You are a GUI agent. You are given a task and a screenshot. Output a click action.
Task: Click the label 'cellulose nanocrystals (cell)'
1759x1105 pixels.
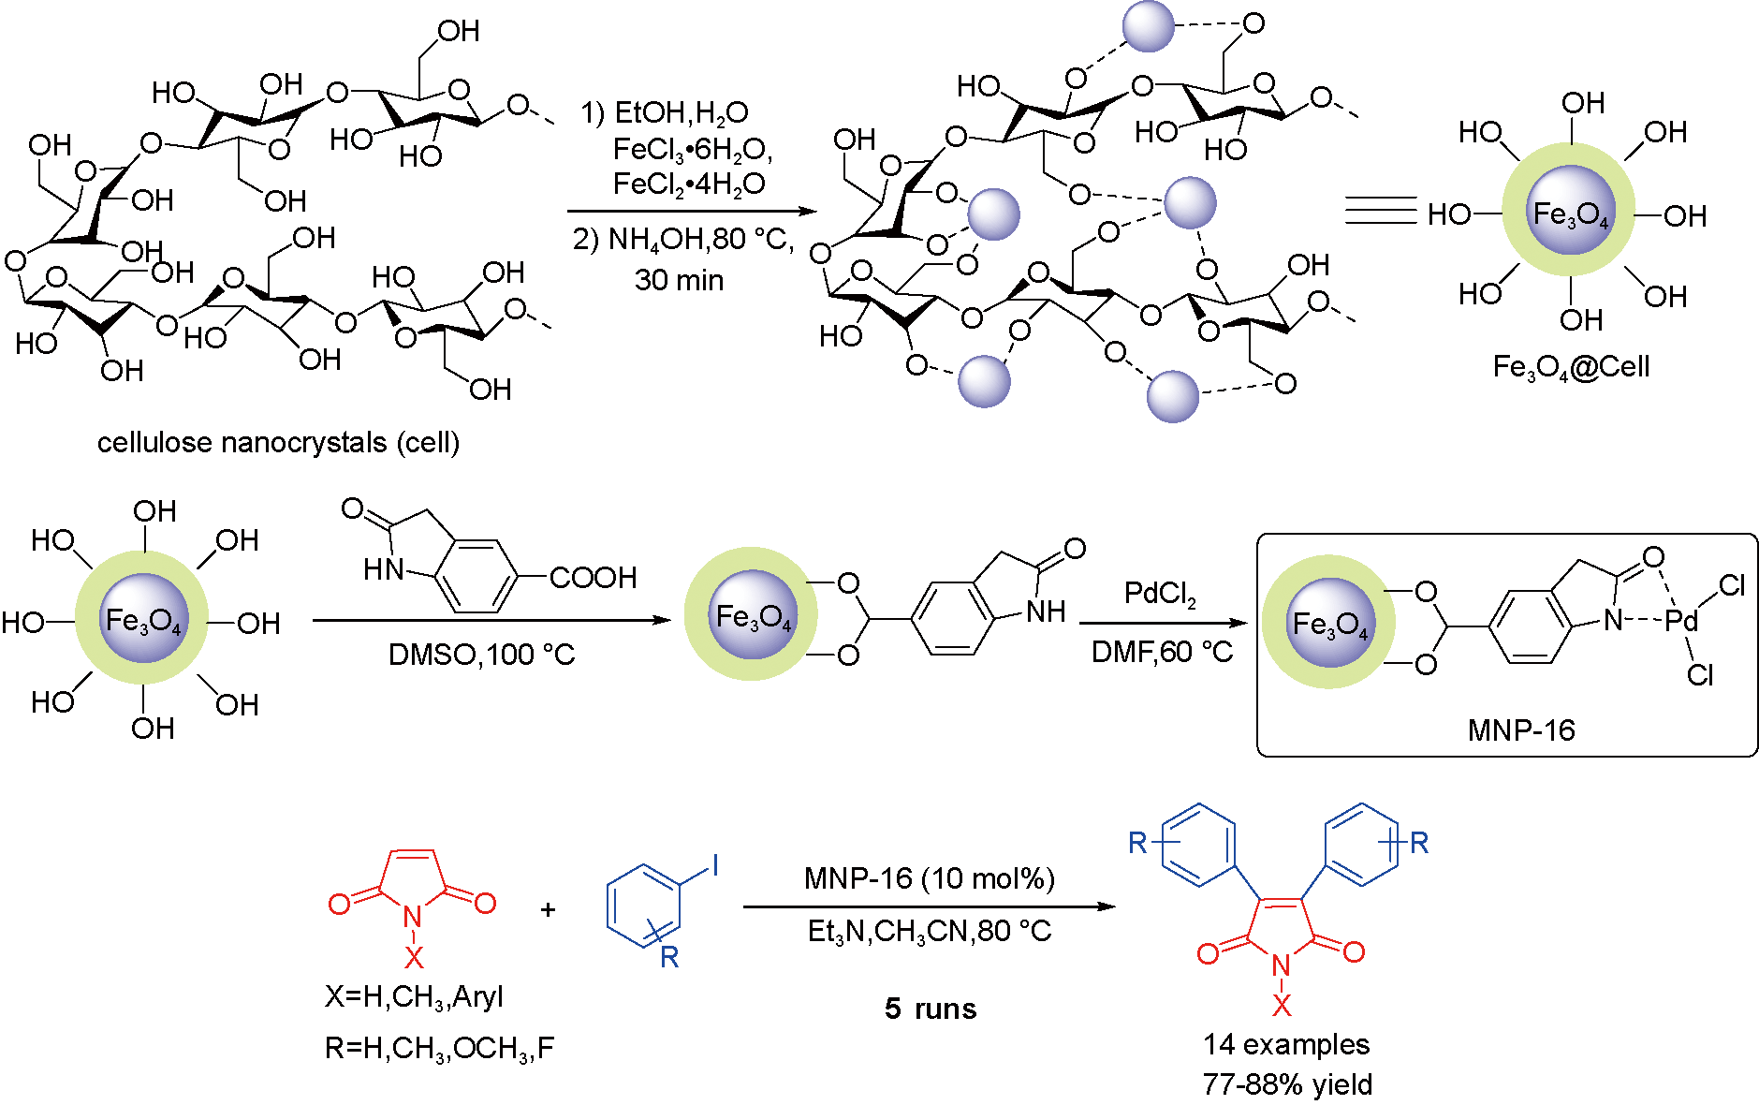[278, 442]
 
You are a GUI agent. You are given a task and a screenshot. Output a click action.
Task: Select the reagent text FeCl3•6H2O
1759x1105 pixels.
[692, 149]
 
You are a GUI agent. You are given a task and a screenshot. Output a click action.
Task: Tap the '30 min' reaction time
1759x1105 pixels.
[679, 280]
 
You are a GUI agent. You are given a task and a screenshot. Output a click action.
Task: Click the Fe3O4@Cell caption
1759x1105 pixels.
[1571, 366]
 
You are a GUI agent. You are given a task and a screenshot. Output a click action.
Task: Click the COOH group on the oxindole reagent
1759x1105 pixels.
[593, 577]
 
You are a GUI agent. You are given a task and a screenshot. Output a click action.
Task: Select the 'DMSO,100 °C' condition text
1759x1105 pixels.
[481, 654]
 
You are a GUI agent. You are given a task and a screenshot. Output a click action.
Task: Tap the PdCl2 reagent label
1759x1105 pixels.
[1160, 594]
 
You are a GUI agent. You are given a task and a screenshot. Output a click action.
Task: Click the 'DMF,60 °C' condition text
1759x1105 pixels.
[1162, 652]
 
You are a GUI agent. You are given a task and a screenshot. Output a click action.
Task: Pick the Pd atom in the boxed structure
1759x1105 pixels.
[1681, 620]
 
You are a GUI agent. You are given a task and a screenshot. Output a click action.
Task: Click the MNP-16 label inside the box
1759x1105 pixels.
[1520, 729]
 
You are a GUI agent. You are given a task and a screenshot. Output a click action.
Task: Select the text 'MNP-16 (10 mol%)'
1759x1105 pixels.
[929, 878]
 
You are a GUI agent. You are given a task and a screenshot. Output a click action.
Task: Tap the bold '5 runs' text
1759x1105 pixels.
[931, 1009]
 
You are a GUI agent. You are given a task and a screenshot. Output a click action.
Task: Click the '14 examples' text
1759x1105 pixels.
[1286, 1044]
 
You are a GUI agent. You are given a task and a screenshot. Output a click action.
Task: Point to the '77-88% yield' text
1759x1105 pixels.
[1287, 1084]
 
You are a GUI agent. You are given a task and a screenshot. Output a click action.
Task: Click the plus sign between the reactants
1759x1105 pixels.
[548, 908]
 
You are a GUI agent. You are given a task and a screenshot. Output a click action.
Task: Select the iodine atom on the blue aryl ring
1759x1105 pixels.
[715, 865]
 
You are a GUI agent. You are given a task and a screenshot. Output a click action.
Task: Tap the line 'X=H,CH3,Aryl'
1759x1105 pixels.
[414, 996]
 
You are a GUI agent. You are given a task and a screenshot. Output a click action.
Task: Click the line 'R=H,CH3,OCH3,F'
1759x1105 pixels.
[439, 1048]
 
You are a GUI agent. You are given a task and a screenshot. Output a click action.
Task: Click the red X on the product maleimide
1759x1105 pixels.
[1281, 1006]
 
